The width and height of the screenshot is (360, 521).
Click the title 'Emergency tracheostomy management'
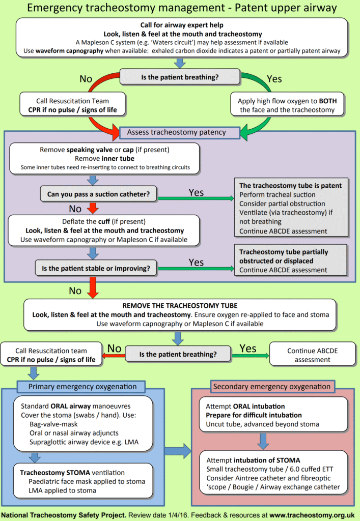point(120,8)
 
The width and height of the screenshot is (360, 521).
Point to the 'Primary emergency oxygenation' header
point(82,387)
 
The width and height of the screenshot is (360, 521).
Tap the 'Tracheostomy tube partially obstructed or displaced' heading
point(284,256)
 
